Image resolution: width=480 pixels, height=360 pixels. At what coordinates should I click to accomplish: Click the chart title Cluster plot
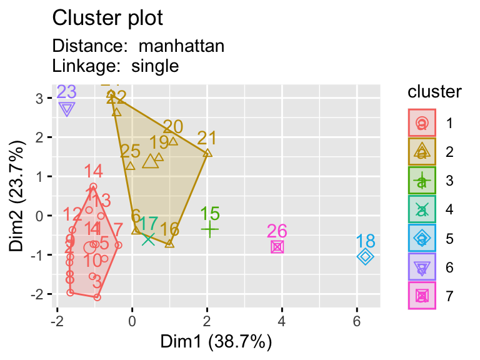(107, 18)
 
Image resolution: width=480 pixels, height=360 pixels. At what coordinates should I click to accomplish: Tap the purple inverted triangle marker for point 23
(67, 109)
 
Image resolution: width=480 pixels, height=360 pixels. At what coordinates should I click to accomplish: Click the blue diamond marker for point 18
(366, 256)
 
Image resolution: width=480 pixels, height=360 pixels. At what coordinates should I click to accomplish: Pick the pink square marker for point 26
(277, 247)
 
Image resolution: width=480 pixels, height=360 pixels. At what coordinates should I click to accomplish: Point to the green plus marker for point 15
(209, 229)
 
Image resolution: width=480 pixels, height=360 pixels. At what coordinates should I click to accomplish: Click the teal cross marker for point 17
(148, 239)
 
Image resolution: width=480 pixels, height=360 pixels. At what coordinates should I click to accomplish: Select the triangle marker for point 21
(207, 152)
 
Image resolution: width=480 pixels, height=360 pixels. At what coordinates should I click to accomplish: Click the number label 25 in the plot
(130, 151)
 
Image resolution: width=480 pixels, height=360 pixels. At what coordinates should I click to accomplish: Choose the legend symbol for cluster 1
(422, 124)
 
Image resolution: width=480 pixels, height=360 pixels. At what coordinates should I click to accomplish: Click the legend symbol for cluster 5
(422, 239)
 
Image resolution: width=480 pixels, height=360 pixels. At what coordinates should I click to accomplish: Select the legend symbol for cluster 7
(422, 296)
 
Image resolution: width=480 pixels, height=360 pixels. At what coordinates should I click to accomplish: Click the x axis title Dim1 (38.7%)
(216, 342)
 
